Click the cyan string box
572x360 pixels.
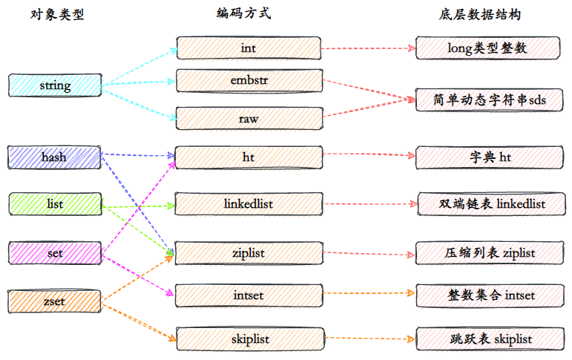(55, 85)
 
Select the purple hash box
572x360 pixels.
(54, 157)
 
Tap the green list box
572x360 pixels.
(56, 203)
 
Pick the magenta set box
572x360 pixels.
(55, 252)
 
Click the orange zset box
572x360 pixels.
(55, 301)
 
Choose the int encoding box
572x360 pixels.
(249, 48)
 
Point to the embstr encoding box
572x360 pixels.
(249, 80)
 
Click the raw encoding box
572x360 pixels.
(249, 118)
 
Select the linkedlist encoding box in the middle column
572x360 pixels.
(249, 203)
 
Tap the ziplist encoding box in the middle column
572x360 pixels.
(249, 252)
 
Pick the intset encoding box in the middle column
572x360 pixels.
(249, 295)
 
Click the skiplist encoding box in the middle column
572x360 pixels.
(251, 339)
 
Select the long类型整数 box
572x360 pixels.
(488, 48)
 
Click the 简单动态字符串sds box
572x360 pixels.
(489, 99)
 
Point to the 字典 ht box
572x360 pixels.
(490, 157)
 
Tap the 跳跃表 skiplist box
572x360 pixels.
(490, 339)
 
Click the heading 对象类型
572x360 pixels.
(57, 15)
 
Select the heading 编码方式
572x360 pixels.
(243, 13)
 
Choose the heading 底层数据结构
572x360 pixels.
(480, 15)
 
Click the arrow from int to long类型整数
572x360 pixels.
(369, 48)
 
